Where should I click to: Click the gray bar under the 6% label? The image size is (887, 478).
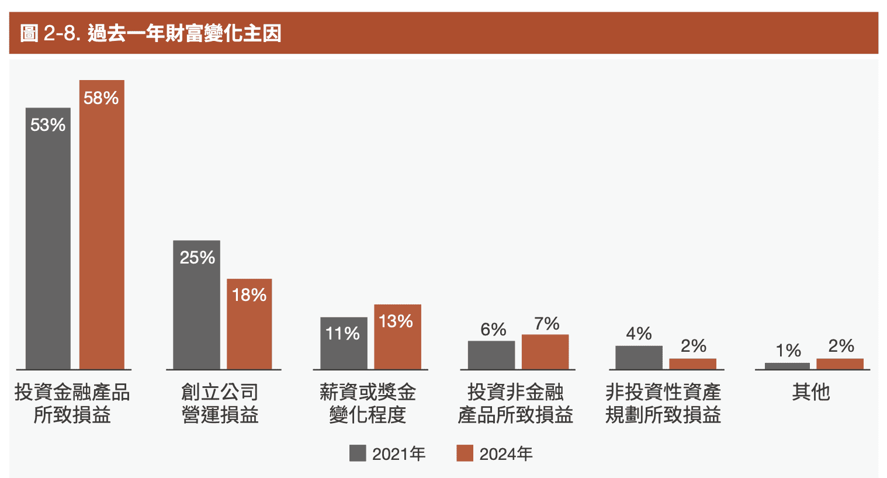tap(491, 355)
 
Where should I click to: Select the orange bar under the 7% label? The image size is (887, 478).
tap(545, 352)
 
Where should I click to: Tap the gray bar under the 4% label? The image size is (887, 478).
tap(639, 357)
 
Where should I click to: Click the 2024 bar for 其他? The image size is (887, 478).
tap(840, 363)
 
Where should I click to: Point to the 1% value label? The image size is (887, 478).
tap(788, 351)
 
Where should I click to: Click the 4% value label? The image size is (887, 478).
tap(639, 334)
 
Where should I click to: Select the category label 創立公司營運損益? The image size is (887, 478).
tap(220, 403)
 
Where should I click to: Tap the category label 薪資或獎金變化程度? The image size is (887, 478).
tap(368, 403)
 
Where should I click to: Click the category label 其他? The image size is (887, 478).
tap(810, 392)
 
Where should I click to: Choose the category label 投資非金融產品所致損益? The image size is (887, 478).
tap(515, 403)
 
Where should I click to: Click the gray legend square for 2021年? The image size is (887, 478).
tap(358, 453)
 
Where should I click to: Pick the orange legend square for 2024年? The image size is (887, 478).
tap(465, 453)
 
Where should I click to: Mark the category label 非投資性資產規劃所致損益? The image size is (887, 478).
tap(663, 403)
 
